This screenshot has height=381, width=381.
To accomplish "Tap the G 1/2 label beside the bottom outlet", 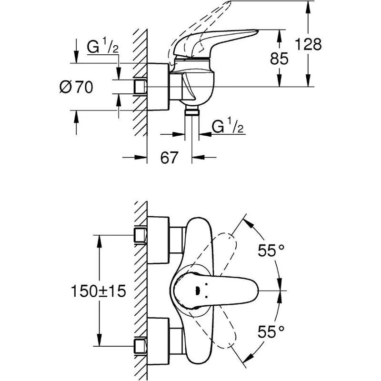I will point(228,127).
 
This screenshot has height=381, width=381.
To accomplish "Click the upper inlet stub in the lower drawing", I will point(140,236).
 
